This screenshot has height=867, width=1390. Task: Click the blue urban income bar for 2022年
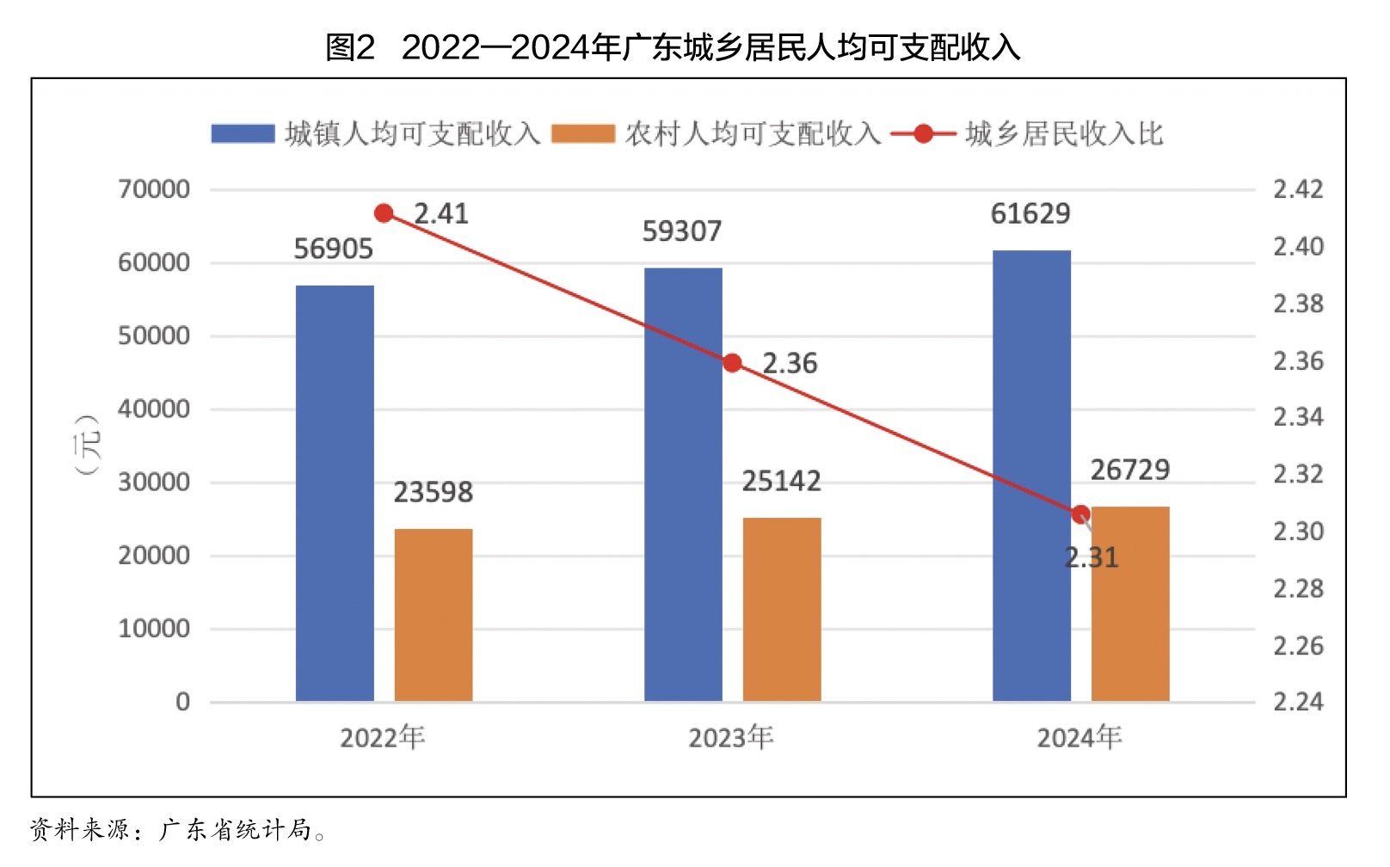pos(335,493)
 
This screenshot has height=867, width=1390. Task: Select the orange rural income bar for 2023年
pos(782,609)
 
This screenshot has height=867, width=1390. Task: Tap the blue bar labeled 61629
pos(1031,476)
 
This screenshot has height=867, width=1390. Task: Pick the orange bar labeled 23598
pos(434,615)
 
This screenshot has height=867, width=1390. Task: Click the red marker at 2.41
pos(384,213)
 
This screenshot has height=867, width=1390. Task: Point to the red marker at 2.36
pos(733,363)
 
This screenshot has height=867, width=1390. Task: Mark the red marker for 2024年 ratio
pos(1081,514)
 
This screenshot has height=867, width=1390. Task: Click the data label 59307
pos(682,231)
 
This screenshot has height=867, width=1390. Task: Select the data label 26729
pos(1130,470)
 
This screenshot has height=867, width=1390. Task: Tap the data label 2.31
pos(1092,558)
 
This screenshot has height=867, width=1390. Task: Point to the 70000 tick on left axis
pos(154,189)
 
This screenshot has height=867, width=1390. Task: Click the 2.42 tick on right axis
pos(1298,189)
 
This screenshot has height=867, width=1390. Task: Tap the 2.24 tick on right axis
pos(1298,702)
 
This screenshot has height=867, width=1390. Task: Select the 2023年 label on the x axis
pos(731,738)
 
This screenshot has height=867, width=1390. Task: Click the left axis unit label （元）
pos(88,444)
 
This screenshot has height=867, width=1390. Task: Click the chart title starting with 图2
pos(673,47)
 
